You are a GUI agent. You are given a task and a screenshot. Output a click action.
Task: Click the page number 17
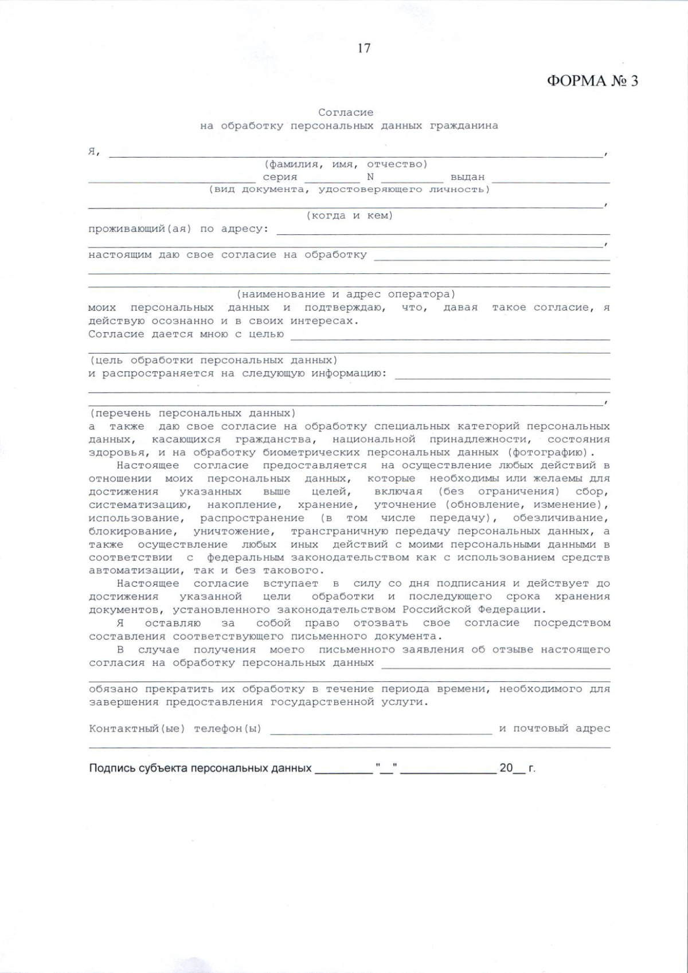pos(364,48)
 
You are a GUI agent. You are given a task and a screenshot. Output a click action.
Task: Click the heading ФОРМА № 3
pos(592,81)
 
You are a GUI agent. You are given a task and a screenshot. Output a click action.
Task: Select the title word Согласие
pos(346,112)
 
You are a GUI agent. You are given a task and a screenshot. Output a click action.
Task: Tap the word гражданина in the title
pos(464,125)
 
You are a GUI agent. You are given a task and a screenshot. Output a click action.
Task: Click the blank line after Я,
pos(355,154)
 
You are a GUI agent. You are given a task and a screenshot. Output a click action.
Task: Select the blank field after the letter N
pos(412,179)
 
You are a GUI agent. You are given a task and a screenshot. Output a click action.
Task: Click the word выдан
pos(467,178)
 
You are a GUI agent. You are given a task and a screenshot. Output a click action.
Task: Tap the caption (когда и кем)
pos(350,216)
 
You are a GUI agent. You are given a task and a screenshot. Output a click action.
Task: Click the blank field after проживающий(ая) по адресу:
pos(443,231)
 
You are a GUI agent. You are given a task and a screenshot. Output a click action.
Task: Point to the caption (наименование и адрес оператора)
pos(346,295)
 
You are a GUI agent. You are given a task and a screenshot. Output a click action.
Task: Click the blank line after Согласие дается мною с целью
pos(449,337)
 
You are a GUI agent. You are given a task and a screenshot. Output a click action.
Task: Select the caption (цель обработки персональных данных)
pos(213,360)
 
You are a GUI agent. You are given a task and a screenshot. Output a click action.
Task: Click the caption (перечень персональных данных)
pos(193,413)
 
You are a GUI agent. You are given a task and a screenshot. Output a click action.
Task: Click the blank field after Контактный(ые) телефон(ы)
pos(381,731)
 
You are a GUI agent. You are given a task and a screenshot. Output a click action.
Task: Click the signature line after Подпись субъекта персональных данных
pos(343,771)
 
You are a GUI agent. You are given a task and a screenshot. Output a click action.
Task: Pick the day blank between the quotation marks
pos(387,771)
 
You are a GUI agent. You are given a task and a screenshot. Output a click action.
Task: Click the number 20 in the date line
pos(506,768)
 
